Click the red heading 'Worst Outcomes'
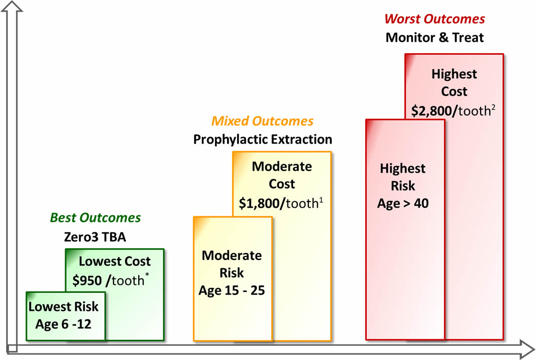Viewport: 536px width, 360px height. (x=434, y=19)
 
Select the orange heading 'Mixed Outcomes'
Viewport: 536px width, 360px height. (x=262, y=121)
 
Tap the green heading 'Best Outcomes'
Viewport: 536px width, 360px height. (x=95, y=218)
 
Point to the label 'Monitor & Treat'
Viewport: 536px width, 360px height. (x=434, y=37)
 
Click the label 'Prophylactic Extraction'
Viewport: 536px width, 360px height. (x=262, y=139)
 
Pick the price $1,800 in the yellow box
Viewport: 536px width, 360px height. (x=260, y=203)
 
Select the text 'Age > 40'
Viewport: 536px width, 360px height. (x=403, y=204)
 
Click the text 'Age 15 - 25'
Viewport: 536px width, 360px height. (x=232, y=291)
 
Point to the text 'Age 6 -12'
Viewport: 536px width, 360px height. (x=64, y=324)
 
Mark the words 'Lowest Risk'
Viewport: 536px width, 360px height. (x=64, y=307)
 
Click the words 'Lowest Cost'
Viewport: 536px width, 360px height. (x=115, y=261)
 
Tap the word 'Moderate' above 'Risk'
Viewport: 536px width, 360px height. (x=232, y=255)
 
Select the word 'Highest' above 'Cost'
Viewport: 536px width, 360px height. (x=454, y=74)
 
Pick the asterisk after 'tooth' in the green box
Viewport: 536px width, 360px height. (x=148, y=276)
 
